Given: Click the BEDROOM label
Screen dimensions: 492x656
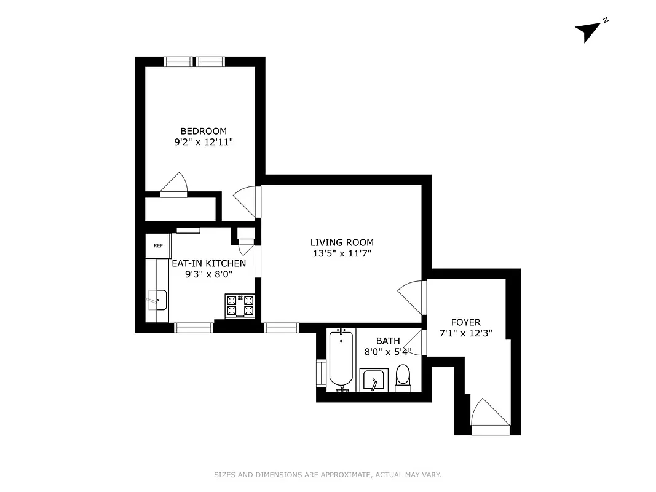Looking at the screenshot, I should coord(203,131).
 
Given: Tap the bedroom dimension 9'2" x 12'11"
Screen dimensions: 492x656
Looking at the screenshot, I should coord(203,141).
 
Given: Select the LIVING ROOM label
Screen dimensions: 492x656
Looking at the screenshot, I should coord(341,242).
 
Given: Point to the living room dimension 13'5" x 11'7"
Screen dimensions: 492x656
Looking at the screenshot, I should coord(341,253).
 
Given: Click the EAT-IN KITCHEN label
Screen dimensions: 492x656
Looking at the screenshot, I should coord(208,263).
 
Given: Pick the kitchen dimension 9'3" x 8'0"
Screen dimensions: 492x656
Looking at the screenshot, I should coord(208,274).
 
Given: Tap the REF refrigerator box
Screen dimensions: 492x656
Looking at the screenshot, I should coord(158,246).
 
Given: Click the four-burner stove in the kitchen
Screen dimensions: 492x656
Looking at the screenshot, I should coord(240,306).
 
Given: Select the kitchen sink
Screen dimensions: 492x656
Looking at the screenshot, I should coord(157,301).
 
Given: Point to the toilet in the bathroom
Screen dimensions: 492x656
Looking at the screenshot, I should coord(403,376).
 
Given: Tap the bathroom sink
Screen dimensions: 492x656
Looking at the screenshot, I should coord(373,380).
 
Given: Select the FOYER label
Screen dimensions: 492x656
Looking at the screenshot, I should coord(465,322).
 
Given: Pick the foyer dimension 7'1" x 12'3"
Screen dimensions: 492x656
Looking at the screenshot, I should coord(465,333).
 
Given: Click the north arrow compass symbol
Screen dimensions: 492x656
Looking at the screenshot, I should coord(589,31).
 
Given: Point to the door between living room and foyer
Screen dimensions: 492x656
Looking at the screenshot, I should coord(412,298).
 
